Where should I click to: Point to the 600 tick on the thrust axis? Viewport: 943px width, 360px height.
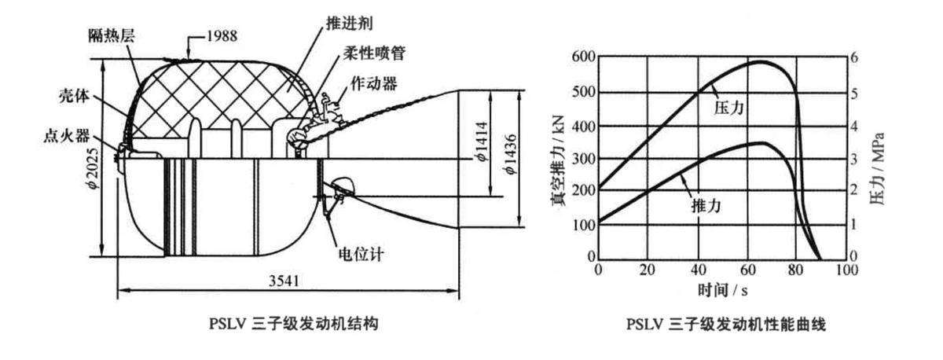pos(582,57)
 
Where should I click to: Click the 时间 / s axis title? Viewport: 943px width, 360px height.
pos(720,290)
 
